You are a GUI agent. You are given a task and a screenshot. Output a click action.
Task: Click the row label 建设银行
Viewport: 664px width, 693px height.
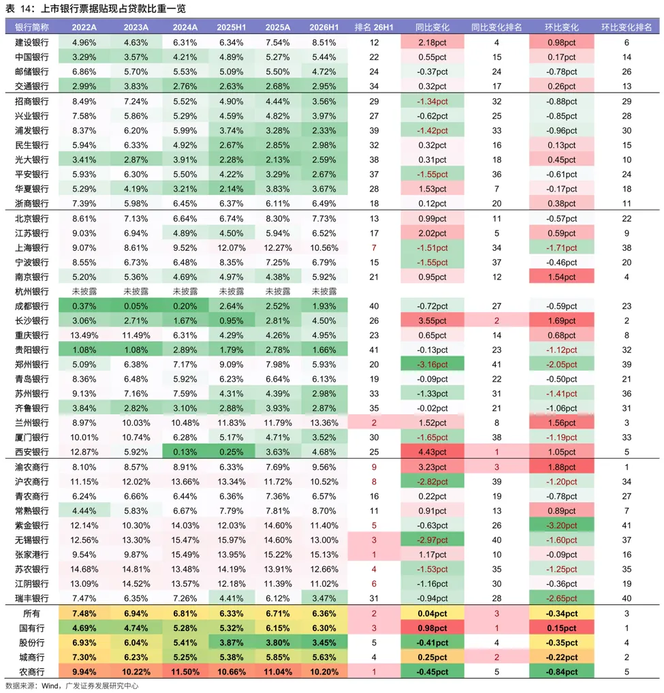tap(32, 43)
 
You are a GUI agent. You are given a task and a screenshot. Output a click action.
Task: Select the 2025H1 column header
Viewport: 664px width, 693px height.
tap(231, 27)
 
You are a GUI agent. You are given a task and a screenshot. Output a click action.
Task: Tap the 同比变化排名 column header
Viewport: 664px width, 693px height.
tap(496, 27)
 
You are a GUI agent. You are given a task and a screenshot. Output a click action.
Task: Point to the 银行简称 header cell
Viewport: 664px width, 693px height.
tap(32, 27)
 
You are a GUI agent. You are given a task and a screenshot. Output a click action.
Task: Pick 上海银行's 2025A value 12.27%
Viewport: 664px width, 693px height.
tap(278, 248)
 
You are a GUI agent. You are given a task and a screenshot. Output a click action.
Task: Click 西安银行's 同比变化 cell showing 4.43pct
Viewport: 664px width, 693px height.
tap(432, 452)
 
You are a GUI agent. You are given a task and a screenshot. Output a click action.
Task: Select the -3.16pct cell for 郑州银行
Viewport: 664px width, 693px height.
tap(432, 365)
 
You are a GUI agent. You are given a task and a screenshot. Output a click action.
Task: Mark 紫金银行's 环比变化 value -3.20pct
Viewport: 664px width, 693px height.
tap(562, 525)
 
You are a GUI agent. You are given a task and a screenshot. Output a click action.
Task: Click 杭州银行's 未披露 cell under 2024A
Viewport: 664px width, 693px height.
tap(185, 292)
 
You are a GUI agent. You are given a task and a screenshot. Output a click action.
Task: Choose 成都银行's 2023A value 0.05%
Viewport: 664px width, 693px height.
tap(136, 306)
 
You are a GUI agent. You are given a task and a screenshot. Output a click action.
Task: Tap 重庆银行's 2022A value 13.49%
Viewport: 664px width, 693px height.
tap(84, 335)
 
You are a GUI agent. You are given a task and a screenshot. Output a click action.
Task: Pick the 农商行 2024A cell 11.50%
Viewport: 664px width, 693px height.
tap(185, 673)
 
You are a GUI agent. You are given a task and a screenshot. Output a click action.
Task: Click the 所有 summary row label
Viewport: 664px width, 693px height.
tap(32, 614)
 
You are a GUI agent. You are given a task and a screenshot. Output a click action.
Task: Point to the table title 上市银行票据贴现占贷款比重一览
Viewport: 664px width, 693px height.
tap(114, 8)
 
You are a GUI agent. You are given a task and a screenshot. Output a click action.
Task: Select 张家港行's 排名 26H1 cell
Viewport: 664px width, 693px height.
tap(374, 555)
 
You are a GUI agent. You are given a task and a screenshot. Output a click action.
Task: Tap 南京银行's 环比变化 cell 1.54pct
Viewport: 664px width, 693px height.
tap(562, 277)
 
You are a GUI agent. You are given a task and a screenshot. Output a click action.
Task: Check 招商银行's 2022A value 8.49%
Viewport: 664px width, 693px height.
tap(84, 102)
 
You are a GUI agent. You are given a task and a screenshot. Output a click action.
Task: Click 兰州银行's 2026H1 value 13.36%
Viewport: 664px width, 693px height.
tap(324, 423)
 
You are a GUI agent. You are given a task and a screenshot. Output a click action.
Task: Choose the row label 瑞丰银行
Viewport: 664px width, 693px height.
tap(32, 598)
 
